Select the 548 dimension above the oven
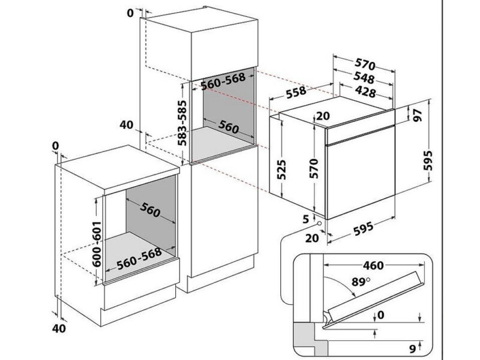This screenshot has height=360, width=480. [364, 79]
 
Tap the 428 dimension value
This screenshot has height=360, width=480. [364, 92]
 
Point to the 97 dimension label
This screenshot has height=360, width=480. [419, 116]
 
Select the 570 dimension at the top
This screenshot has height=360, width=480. [364, 64]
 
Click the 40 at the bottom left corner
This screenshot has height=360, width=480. [59, 328]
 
